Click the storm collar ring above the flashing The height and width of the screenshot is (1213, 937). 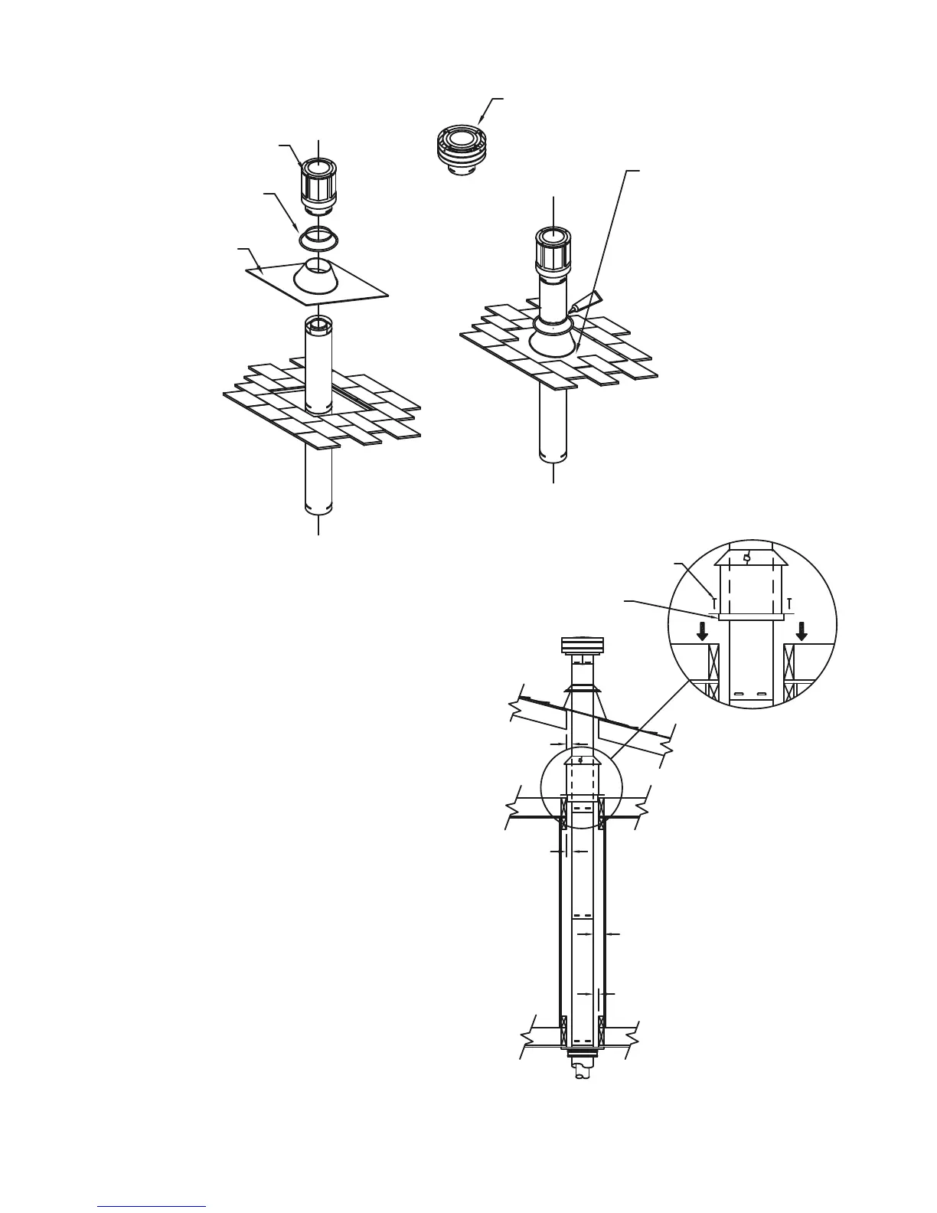click(x=318, y=238)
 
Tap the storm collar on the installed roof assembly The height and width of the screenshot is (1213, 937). click(x=553, y=325)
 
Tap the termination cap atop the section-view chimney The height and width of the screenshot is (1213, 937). click(x=583, y=646)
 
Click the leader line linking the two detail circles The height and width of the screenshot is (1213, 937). click(x=643, y=727)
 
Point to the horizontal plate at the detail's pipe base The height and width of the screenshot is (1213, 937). click(x=751, y=616)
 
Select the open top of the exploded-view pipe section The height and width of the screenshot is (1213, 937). click(x=318, y=322)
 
